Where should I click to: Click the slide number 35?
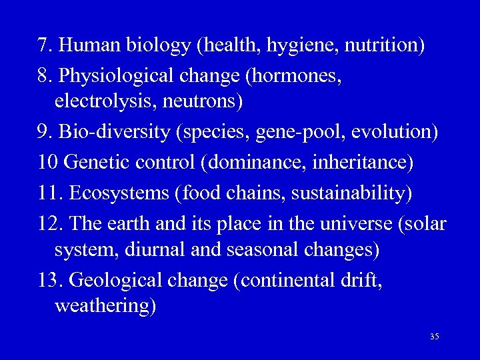click(434, 337)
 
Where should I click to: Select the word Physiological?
click(117, 76)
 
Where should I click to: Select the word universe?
click(357, 223)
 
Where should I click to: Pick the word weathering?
click(105, 307)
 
